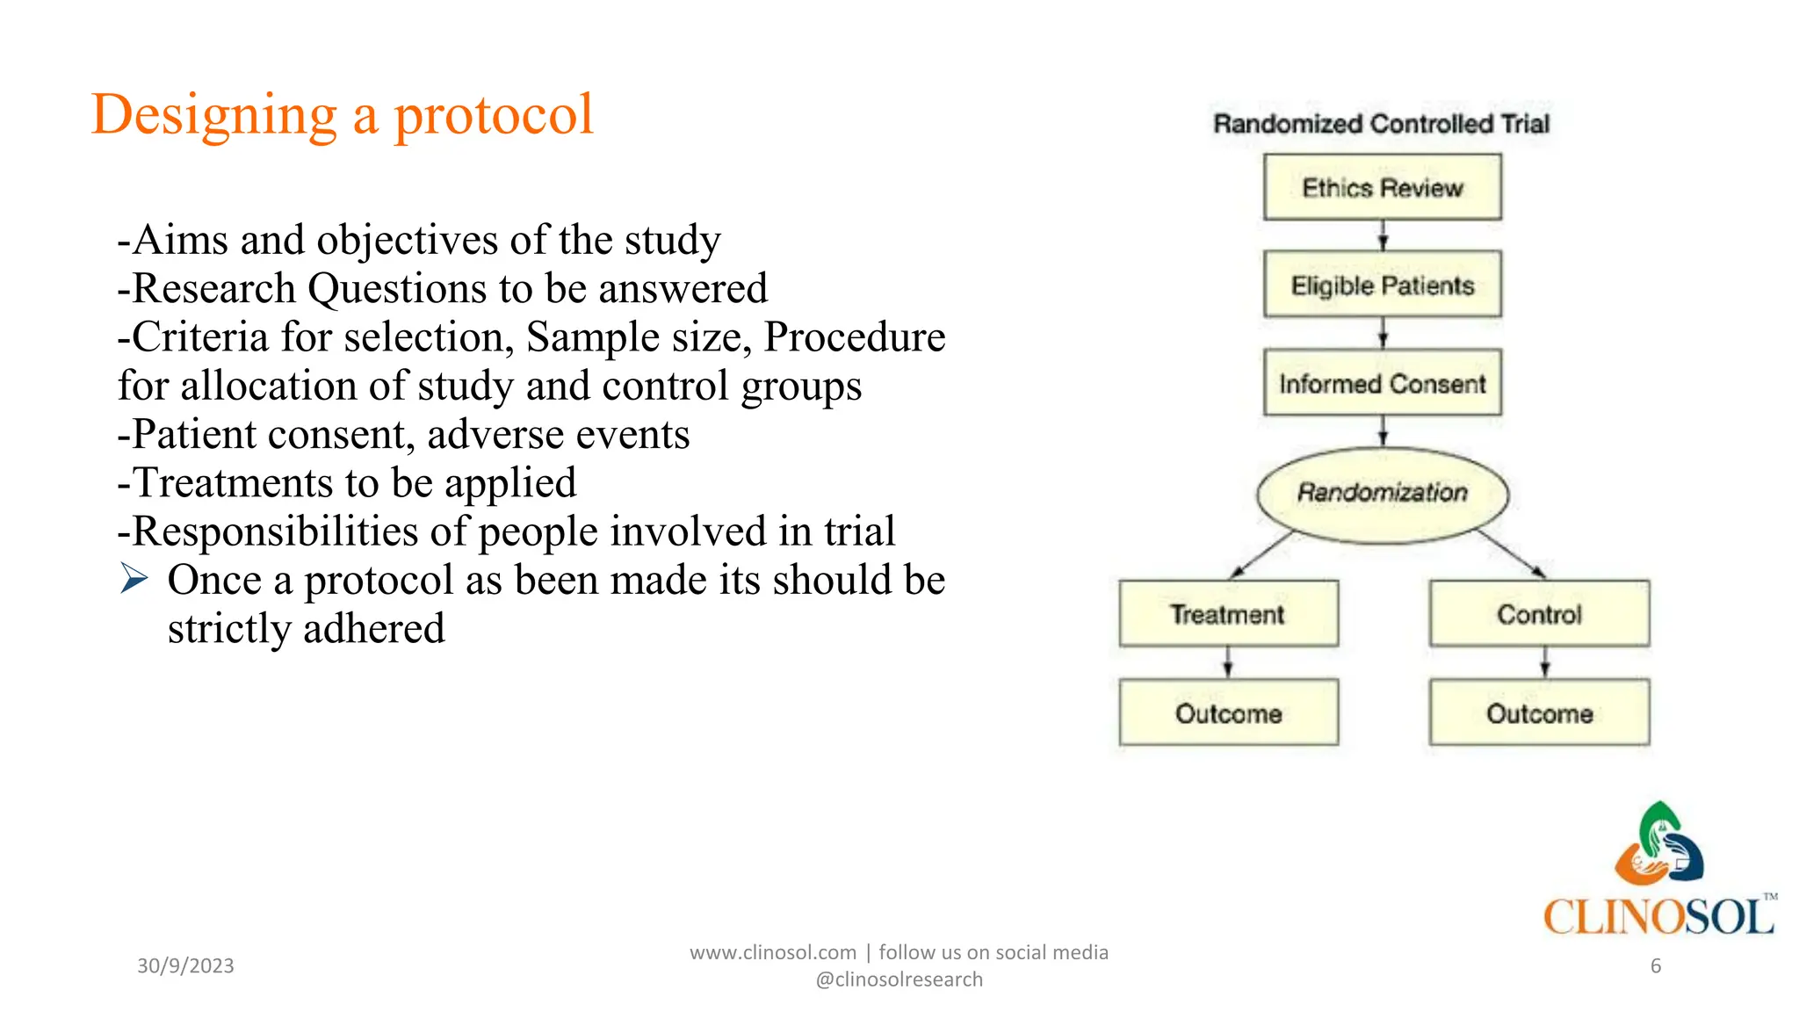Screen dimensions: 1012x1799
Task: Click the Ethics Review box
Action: (1382, 187)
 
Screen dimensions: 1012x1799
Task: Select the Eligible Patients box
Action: (1382, 285)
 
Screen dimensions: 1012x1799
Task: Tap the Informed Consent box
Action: (1382, 383)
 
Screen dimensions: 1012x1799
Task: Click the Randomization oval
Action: (1382, 494)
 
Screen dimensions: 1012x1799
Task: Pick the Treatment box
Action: (1228, 613)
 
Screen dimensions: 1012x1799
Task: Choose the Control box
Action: (1539, 613)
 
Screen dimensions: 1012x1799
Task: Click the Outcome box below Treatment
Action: (1228, 712)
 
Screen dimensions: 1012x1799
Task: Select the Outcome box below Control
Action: (1539, 712)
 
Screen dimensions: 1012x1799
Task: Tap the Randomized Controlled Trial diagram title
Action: (1381, 124)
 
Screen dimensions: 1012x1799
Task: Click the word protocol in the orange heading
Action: (493, 115)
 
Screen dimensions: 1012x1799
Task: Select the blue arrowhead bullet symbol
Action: (134, 579)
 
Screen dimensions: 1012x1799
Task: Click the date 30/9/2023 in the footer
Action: (185, 965)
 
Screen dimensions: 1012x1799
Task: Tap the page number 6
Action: (1655, 965)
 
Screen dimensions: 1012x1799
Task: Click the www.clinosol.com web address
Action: (772, 952)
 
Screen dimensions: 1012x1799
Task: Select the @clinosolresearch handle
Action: (899, 979)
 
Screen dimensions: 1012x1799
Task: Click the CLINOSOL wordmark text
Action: (1658, 916)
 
